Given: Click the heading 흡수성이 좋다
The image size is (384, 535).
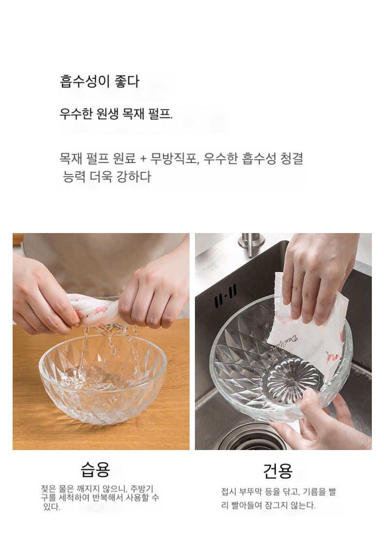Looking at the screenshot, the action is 100,82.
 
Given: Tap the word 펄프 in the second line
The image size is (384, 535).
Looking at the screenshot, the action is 160,114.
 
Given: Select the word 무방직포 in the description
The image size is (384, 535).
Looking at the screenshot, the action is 174,159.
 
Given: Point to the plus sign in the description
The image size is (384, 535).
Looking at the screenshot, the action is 142,159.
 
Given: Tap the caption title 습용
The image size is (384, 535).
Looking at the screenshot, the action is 95,470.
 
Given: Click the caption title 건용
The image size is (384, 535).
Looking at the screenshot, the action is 278,471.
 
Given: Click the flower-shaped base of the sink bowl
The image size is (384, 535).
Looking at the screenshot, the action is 294,378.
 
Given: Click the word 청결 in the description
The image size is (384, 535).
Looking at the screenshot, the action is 292,159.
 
